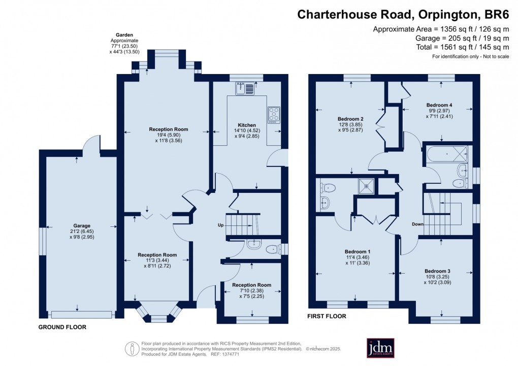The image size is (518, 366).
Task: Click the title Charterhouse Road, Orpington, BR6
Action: (403, 14)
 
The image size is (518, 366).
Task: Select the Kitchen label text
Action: (247, 125)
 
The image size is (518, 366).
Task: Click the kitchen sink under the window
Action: (245, 89)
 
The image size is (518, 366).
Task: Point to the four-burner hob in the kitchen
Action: (273, 114)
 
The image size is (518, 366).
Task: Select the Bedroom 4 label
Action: (439, 105)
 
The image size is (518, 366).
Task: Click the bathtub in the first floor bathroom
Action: (447, 153)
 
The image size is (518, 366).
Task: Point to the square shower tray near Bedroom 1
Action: (366, 186)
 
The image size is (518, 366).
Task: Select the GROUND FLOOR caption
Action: (62, 327)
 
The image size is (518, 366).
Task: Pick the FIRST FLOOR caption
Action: (327, 316)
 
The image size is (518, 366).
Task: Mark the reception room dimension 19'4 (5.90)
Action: (168, 135)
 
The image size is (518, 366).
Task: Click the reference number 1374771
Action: (239, 354)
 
